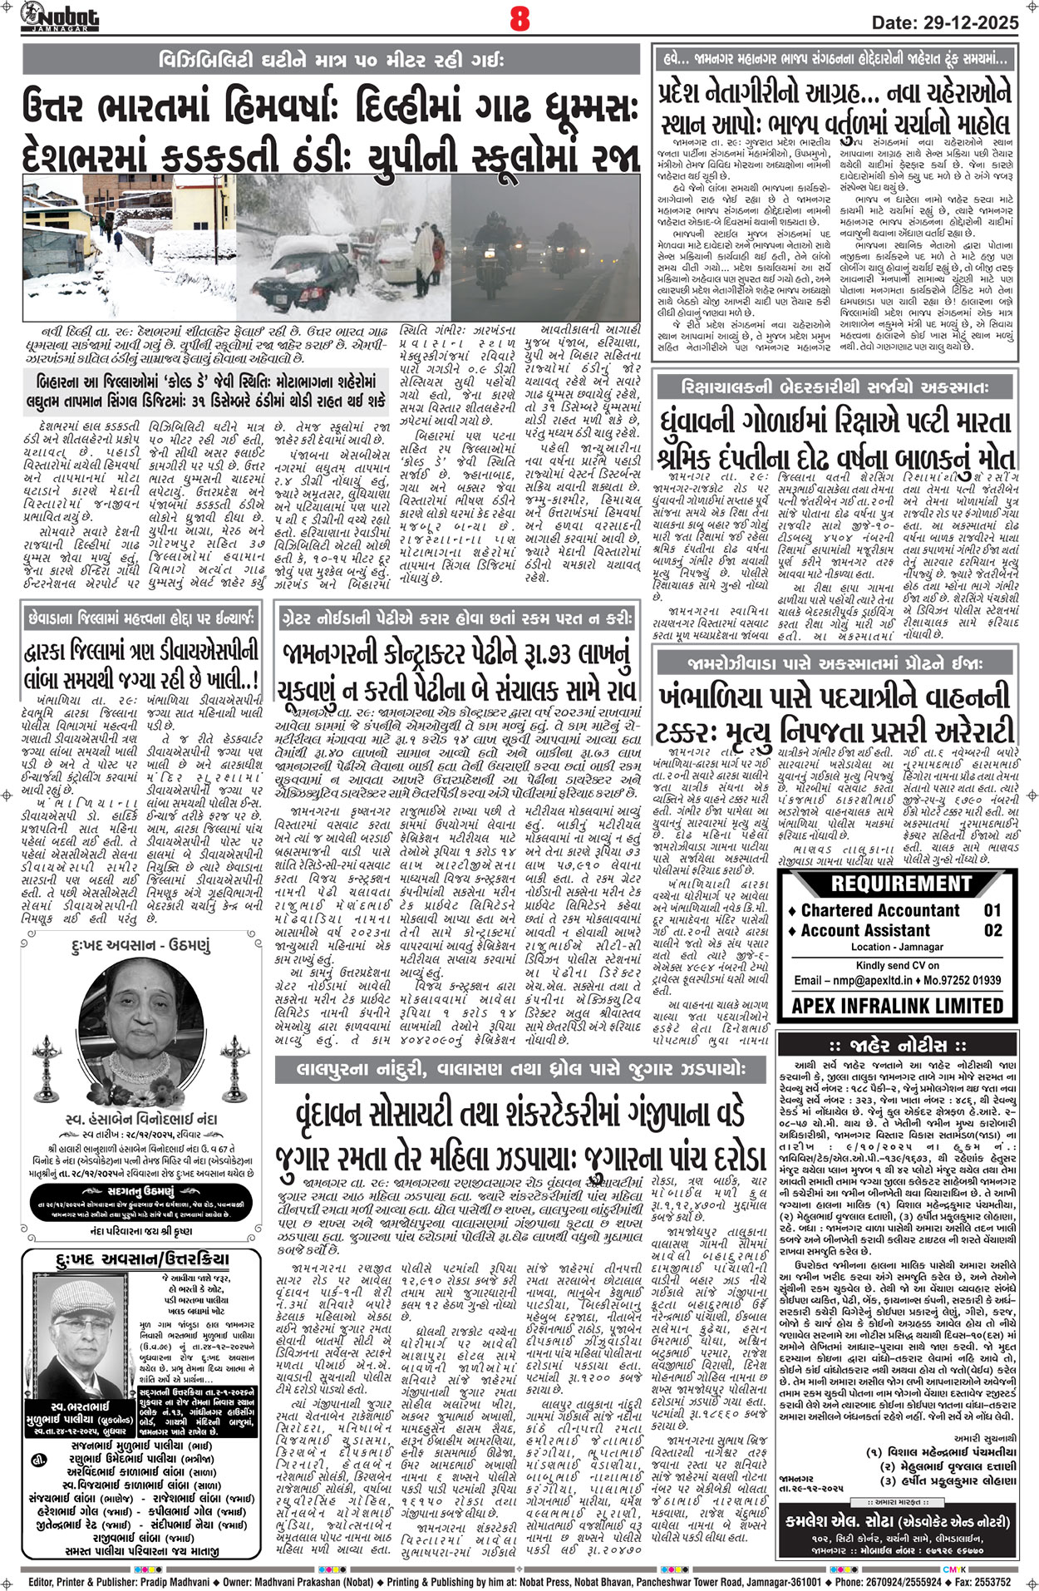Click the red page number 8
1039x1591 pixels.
tap(519, 18)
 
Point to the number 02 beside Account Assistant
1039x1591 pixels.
tap(992, 930)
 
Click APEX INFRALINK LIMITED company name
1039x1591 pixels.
tap(897, 1006)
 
